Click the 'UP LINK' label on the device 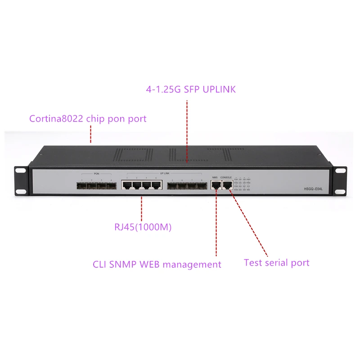pyautogui.click(x=164, y=174)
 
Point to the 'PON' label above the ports pyautogui.click(x=96, y=174)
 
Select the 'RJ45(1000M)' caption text pyautogui.click(x=143, y=228)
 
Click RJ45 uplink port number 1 pyautogui.click(x=127, y=185)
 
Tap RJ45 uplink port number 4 pyautogui.click(x=156, y=185)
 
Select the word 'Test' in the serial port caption pyautogui.click(x=253, y=262)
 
